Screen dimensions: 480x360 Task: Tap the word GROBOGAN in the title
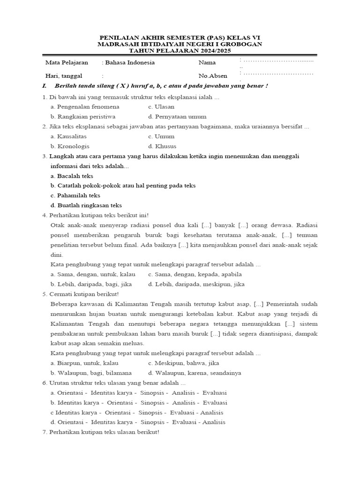[239, 44]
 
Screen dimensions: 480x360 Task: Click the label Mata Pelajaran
[67, 62]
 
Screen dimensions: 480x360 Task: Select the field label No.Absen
[213, 75]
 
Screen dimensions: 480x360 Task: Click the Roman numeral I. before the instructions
[45, 86]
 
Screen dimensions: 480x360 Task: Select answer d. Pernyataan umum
[177, 117]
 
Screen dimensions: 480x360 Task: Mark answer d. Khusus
[162, 146]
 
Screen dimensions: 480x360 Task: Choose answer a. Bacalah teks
[72, 176]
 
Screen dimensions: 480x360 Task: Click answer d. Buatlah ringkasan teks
[86, 205]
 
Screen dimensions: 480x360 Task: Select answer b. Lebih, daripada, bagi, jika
[91, 284]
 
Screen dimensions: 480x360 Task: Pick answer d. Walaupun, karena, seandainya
[194, 373]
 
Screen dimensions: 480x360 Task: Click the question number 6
[44, 383]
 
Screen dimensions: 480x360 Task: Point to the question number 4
[44, 215]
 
